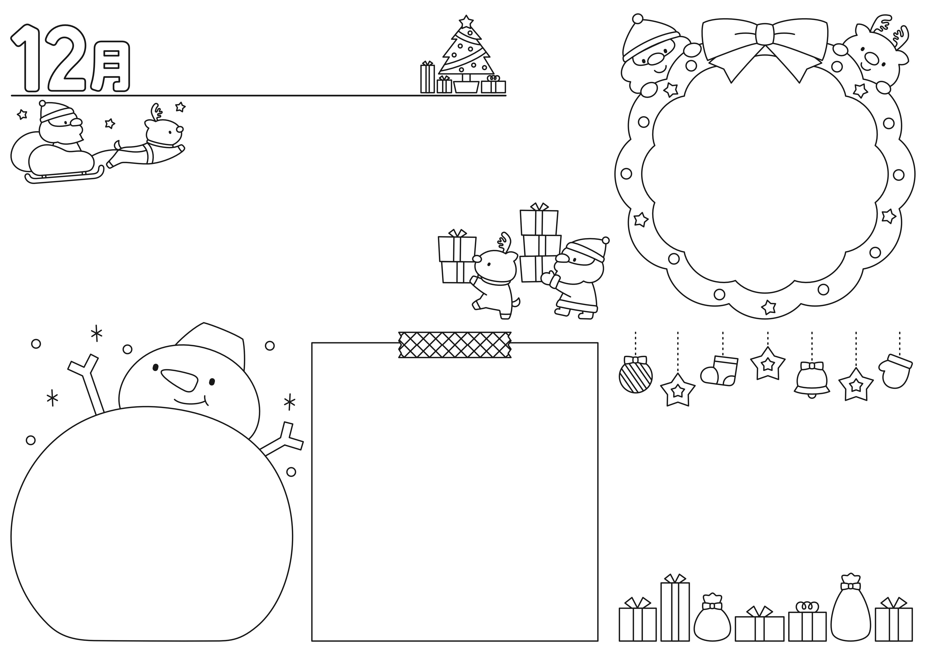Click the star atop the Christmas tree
(x=466, y=22)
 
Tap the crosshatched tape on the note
(x=455, y=345)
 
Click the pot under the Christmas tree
(x=466, y=86)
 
